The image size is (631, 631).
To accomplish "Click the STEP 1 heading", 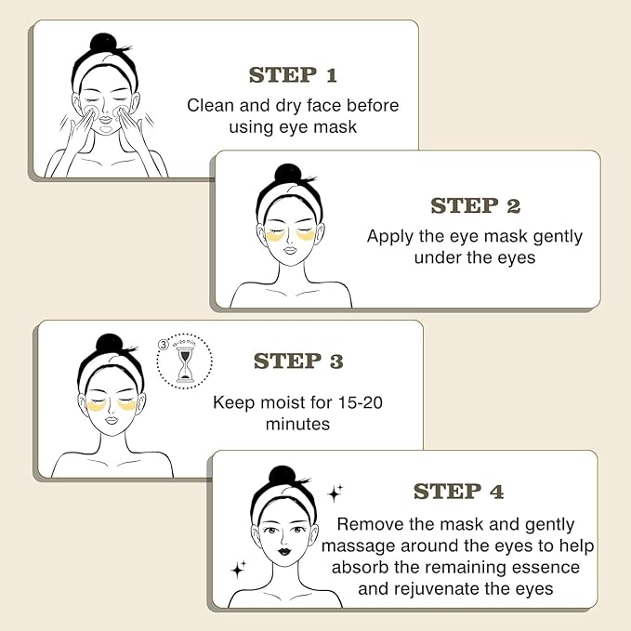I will coord(293,74).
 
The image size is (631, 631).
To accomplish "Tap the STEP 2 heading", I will coord(475,205).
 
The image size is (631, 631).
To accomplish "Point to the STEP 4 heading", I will coord(458,491).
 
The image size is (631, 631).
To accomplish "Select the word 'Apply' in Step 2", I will coord(391,236).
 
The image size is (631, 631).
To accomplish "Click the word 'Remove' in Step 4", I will coord(369,524).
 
